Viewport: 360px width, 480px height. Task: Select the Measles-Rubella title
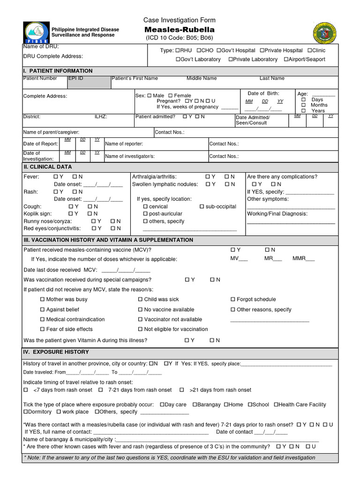click(180, 30)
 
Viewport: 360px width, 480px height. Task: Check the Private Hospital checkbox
click(262, 51)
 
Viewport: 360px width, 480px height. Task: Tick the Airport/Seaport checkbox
click(286, 60)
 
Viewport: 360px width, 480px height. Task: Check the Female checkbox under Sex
click(170, 96)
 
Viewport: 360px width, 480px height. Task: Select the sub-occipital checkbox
click(202, 207)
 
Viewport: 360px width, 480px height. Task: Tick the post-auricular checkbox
click(145, 214)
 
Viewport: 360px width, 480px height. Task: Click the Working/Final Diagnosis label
click(277, 214)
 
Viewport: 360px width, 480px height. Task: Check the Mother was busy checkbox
click(43, 300)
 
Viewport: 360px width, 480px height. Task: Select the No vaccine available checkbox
click(140, 310)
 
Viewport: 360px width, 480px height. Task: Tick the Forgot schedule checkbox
click(233, 300)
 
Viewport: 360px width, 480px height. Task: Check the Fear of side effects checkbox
click(43, 330)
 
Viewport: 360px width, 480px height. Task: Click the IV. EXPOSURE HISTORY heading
click(56, 352)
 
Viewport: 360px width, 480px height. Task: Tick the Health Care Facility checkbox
click(277, 405)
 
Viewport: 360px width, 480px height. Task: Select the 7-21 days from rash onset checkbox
click(101, 390)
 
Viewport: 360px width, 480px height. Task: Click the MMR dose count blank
click(310, 259)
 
